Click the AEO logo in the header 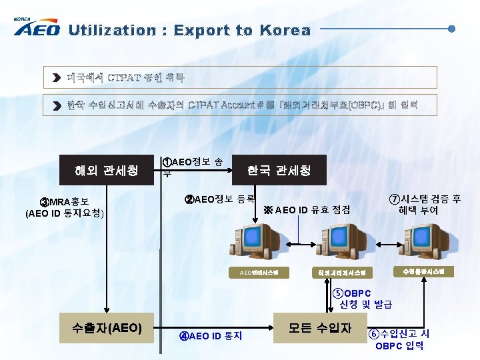click(x=37, y=29)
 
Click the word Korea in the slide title click(x=285, y=31)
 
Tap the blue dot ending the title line click(x=452, y=29)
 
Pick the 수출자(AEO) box click(x=107, y=327)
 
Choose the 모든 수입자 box click(x=319, y=327)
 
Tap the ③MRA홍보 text click(x=65, y=202)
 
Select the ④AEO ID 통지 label click(x=211, y=335)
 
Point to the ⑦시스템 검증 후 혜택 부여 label click(x=425, y=204)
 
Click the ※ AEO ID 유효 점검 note click(x=307, y=210)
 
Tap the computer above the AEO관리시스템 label click(x=253, y=244)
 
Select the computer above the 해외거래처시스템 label click(x=340, y=244)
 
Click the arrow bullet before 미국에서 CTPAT click(x=57, y=78)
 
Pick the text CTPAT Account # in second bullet click(x=219, y=105)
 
